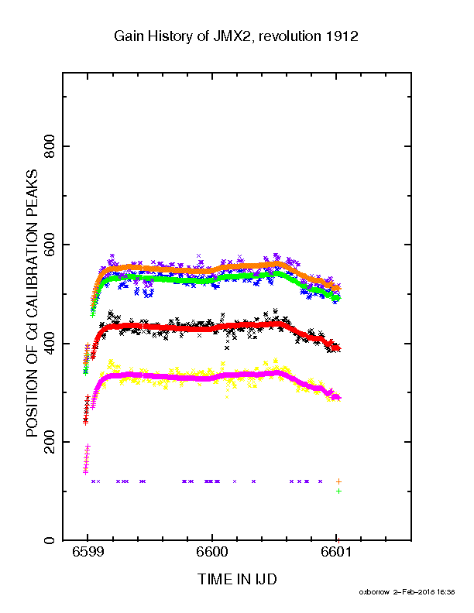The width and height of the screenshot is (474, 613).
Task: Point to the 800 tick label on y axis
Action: pyautogui.click(x=50, y=146)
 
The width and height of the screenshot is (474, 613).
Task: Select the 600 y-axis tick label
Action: pyautogui.click(x=50, y=245)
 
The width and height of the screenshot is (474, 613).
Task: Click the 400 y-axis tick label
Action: pyautogui.click(x=50, y=344)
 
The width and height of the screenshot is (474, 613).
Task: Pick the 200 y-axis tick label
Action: pyautogui.click(x=50, y=442)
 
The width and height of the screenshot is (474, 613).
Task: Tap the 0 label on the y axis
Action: pyautogui.click(x=50, y=540)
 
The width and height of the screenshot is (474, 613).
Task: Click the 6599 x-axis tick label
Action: pyautogui.click(x=88, y=552)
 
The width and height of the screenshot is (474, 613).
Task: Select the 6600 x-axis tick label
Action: pyautogui.click(x=211, y=552)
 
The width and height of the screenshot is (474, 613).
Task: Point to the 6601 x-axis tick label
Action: pyautogui.click(x=336, y=552)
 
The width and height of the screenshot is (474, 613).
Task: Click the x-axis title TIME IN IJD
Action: pyautogui.click(x=237, y=579)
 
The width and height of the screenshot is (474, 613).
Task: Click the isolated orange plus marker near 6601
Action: pyautogui.click(x=338, y=481)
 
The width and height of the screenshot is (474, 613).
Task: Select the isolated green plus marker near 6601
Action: pyautogui.click(x=338, y=491)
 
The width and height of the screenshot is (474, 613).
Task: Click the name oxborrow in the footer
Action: pyautogui.click(x=374, y=592)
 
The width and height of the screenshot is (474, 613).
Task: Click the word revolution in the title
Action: pyautogui.click(x=290, y=36)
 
